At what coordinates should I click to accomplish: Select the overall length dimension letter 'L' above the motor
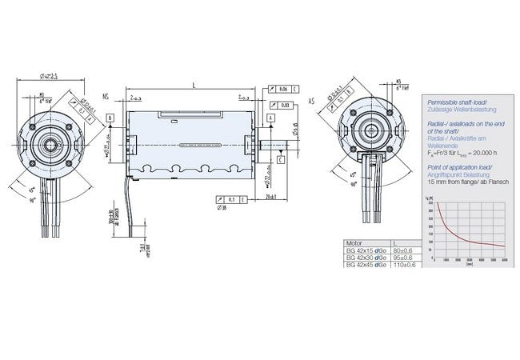194,83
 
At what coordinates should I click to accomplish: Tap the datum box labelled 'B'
110,118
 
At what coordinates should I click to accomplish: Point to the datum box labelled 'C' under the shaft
281,159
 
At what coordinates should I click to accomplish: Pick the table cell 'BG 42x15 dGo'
366,250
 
